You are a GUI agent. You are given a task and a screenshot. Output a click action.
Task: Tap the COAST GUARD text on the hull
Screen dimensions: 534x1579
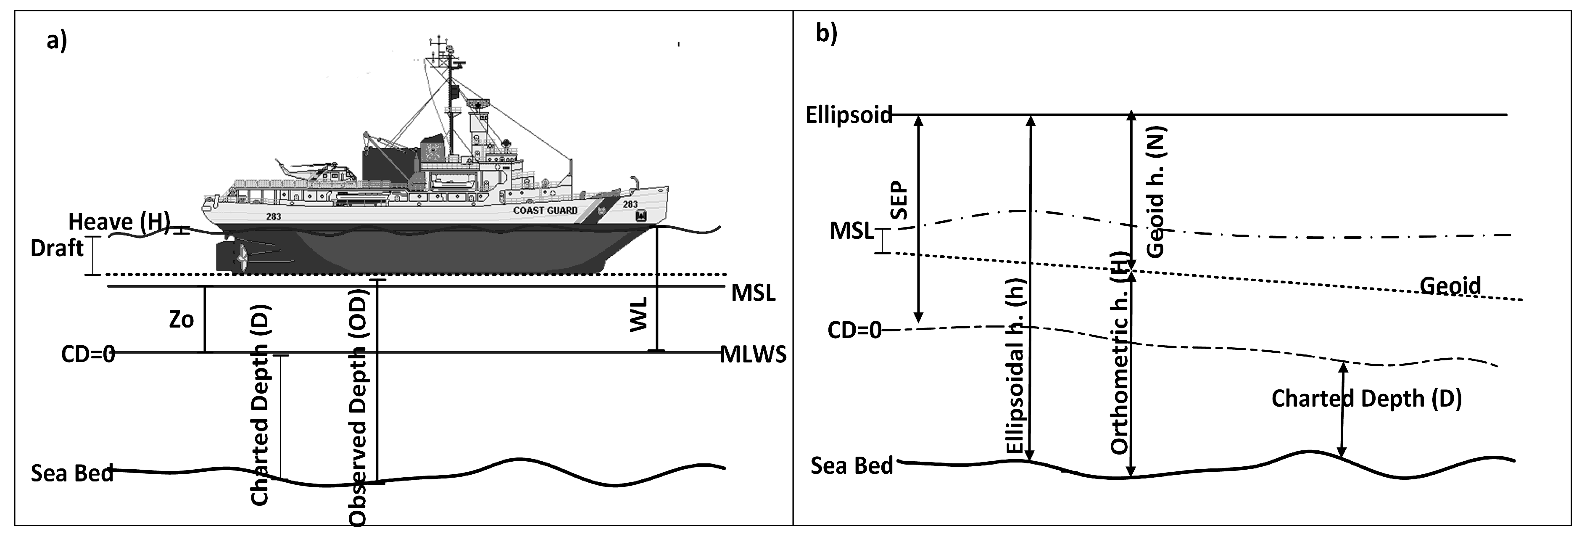pyautogui.click(x=545, y=210)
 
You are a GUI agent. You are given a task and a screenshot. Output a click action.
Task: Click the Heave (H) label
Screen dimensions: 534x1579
pyautogui.click(x=118, y=221)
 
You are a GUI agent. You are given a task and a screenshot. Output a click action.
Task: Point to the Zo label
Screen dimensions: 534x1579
pyautogui.click(x=182, y=320)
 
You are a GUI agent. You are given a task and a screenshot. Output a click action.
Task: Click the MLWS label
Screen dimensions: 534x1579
pyautogui.click(x=753, y=354)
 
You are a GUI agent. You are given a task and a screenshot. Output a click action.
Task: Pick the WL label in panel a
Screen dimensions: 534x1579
pyautogui.click(x=639, y=315)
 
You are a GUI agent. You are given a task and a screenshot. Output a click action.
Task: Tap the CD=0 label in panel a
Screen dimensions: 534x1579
pyautogui.click(x=88, y=354)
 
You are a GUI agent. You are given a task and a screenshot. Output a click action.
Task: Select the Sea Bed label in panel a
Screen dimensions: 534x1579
pyautogui.click(x=72, y=473)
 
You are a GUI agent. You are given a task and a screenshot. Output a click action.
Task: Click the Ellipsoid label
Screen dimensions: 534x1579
pyautogui.click(x=849, y=115)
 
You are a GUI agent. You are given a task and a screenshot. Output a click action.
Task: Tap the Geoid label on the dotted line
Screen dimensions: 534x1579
pyautogui.click(x=1450, y=286)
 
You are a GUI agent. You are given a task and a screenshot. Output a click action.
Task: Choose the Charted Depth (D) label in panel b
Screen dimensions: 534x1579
pyautogui.click(x=1366, y=399)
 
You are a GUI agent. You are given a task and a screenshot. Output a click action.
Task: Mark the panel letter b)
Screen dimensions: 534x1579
pyautogui.click(x=826, y=34)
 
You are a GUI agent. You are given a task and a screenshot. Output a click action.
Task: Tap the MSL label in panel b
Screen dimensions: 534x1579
pyautogui.click(x=851, y=231)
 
